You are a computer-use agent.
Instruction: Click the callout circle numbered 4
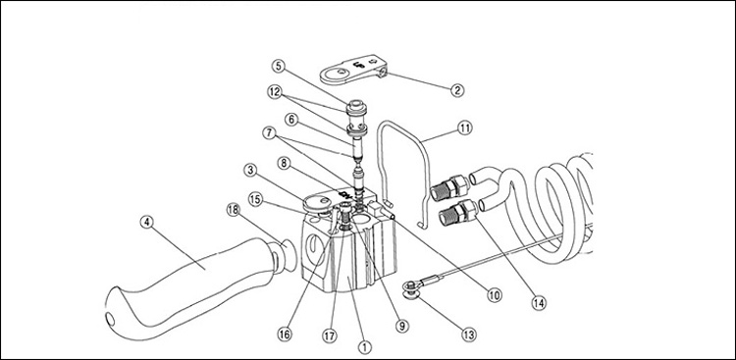(147, 222)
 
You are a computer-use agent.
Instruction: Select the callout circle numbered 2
(457, 89)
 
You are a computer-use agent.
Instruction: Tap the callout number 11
(464, 128)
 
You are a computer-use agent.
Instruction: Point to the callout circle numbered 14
(539, 303)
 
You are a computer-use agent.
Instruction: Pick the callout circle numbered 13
(468, 334)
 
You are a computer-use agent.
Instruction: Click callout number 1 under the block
(364, 347)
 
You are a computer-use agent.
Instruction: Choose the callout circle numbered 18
(233, 210)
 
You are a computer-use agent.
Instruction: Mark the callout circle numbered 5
(279, 66)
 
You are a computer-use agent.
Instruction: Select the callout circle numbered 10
(494, 294)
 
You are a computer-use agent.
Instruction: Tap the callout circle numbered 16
(285, 334)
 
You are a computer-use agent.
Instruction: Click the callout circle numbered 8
(284, 164)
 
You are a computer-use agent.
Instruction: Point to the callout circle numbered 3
(251, 170)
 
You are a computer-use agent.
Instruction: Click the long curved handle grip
(197, 287)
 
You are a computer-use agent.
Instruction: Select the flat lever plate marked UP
(353, 71)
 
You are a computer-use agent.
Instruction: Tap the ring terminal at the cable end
(412, 285)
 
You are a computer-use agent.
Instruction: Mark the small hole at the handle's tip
(111, 320)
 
